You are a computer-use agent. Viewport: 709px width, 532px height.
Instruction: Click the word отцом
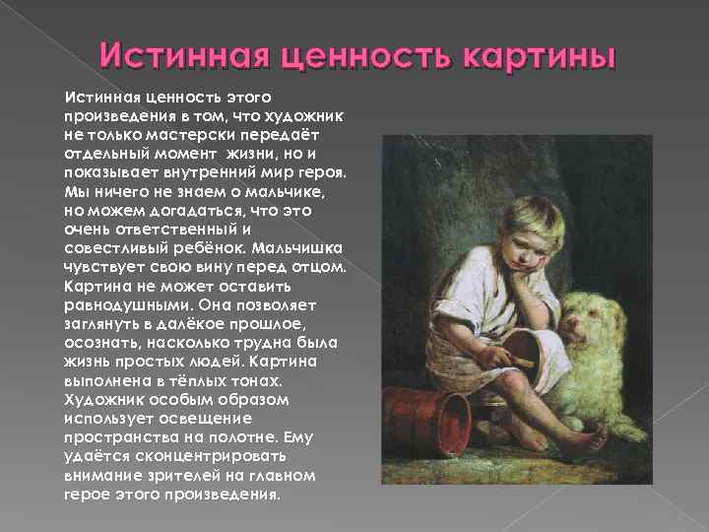(x=320, y=268)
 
